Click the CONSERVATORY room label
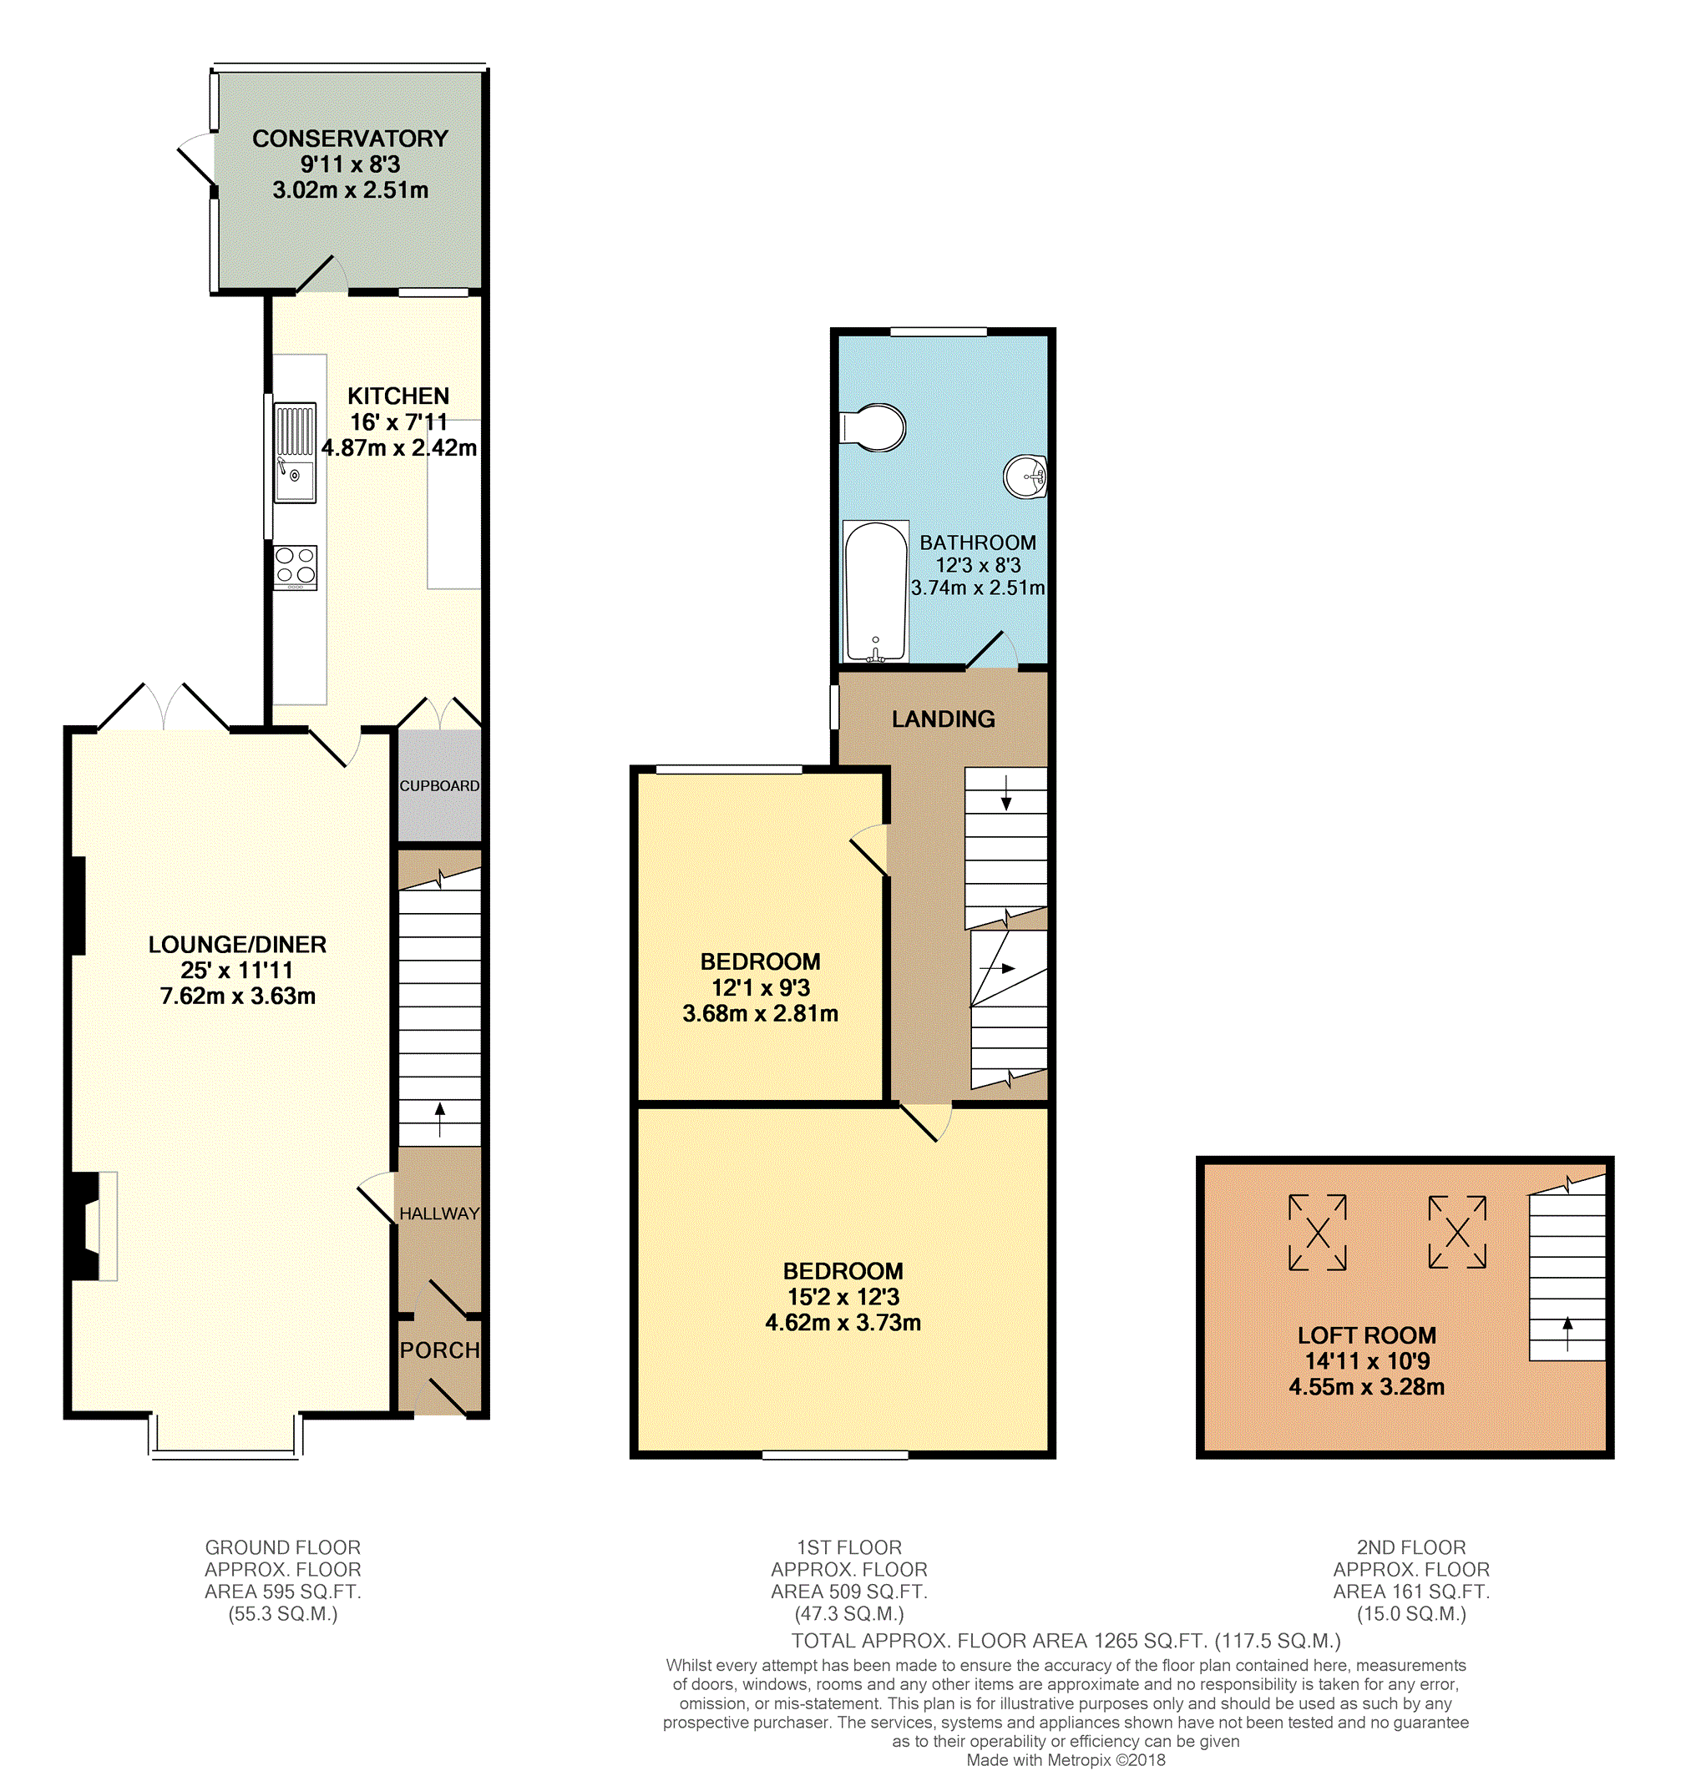(350, 139)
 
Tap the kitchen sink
(295, 453)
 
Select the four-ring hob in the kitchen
(296, 568)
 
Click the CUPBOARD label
(439, 785)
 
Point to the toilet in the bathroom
(872, 427)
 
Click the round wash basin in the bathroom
(1025, 476)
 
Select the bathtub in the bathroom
(875, 591)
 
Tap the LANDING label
(943, 719)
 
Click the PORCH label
(440, 1350)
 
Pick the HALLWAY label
(439, 1213)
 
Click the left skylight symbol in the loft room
(1317, 1233)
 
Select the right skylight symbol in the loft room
(1456, 1232)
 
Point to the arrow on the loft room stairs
(1567, 1334)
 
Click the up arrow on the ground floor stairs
(440, 1119)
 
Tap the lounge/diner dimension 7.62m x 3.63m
(238, 996)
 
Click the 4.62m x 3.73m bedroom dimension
(843, 1323)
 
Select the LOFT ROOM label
(1366, 1335)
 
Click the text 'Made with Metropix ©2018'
(1066, 1760)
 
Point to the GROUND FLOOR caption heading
(283, 1547)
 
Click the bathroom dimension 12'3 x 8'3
(978, 565)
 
